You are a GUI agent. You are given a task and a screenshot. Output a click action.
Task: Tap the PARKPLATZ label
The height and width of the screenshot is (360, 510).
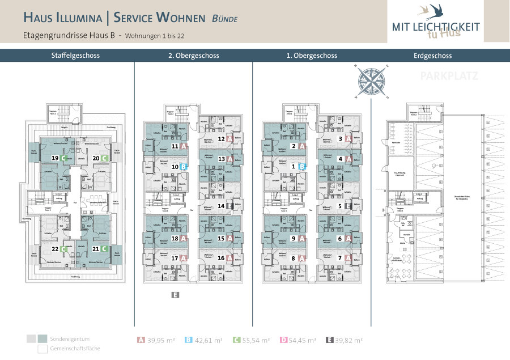449,75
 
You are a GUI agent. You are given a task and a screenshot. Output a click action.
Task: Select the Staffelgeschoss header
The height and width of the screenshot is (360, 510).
67,56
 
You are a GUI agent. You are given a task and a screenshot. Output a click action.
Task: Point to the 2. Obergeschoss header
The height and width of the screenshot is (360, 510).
193,56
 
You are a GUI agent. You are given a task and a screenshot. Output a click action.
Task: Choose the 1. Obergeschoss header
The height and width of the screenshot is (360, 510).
312,56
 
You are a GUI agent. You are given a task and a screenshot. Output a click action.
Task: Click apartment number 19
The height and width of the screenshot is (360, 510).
55,158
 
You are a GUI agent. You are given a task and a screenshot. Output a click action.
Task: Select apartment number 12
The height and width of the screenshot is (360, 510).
221,138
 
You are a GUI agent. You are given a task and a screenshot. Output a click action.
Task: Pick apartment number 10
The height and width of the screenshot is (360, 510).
175,167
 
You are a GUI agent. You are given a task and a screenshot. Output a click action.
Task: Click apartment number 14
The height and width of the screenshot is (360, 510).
221,206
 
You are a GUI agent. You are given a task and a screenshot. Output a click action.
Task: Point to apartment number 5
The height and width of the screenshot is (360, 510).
340,206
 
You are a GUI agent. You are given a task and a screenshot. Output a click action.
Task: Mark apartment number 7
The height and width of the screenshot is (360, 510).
340,258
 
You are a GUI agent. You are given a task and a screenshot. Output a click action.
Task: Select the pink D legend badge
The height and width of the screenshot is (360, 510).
282,341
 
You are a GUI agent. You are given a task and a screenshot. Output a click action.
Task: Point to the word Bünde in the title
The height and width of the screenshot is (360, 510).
224,18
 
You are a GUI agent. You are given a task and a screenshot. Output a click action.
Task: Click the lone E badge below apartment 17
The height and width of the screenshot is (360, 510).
175,295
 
